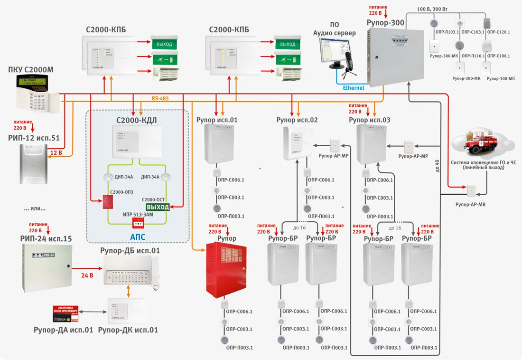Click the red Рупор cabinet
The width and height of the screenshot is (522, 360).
[x=226, y=269]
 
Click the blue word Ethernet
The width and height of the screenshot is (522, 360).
[x=354, y=88]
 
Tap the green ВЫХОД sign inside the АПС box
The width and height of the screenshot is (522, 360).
[x=158, y=207]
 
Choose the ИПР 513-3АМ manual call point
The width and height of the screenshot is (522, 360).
[x=139, y=224]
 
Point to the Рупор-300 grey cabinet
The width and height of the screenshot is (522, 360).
[x=396, y=57]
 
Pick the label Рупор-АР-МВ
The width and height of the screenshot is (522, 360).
[x=471, y=205]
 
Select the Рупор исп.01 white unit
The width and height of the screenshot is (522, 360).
[x=219, y=146]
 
